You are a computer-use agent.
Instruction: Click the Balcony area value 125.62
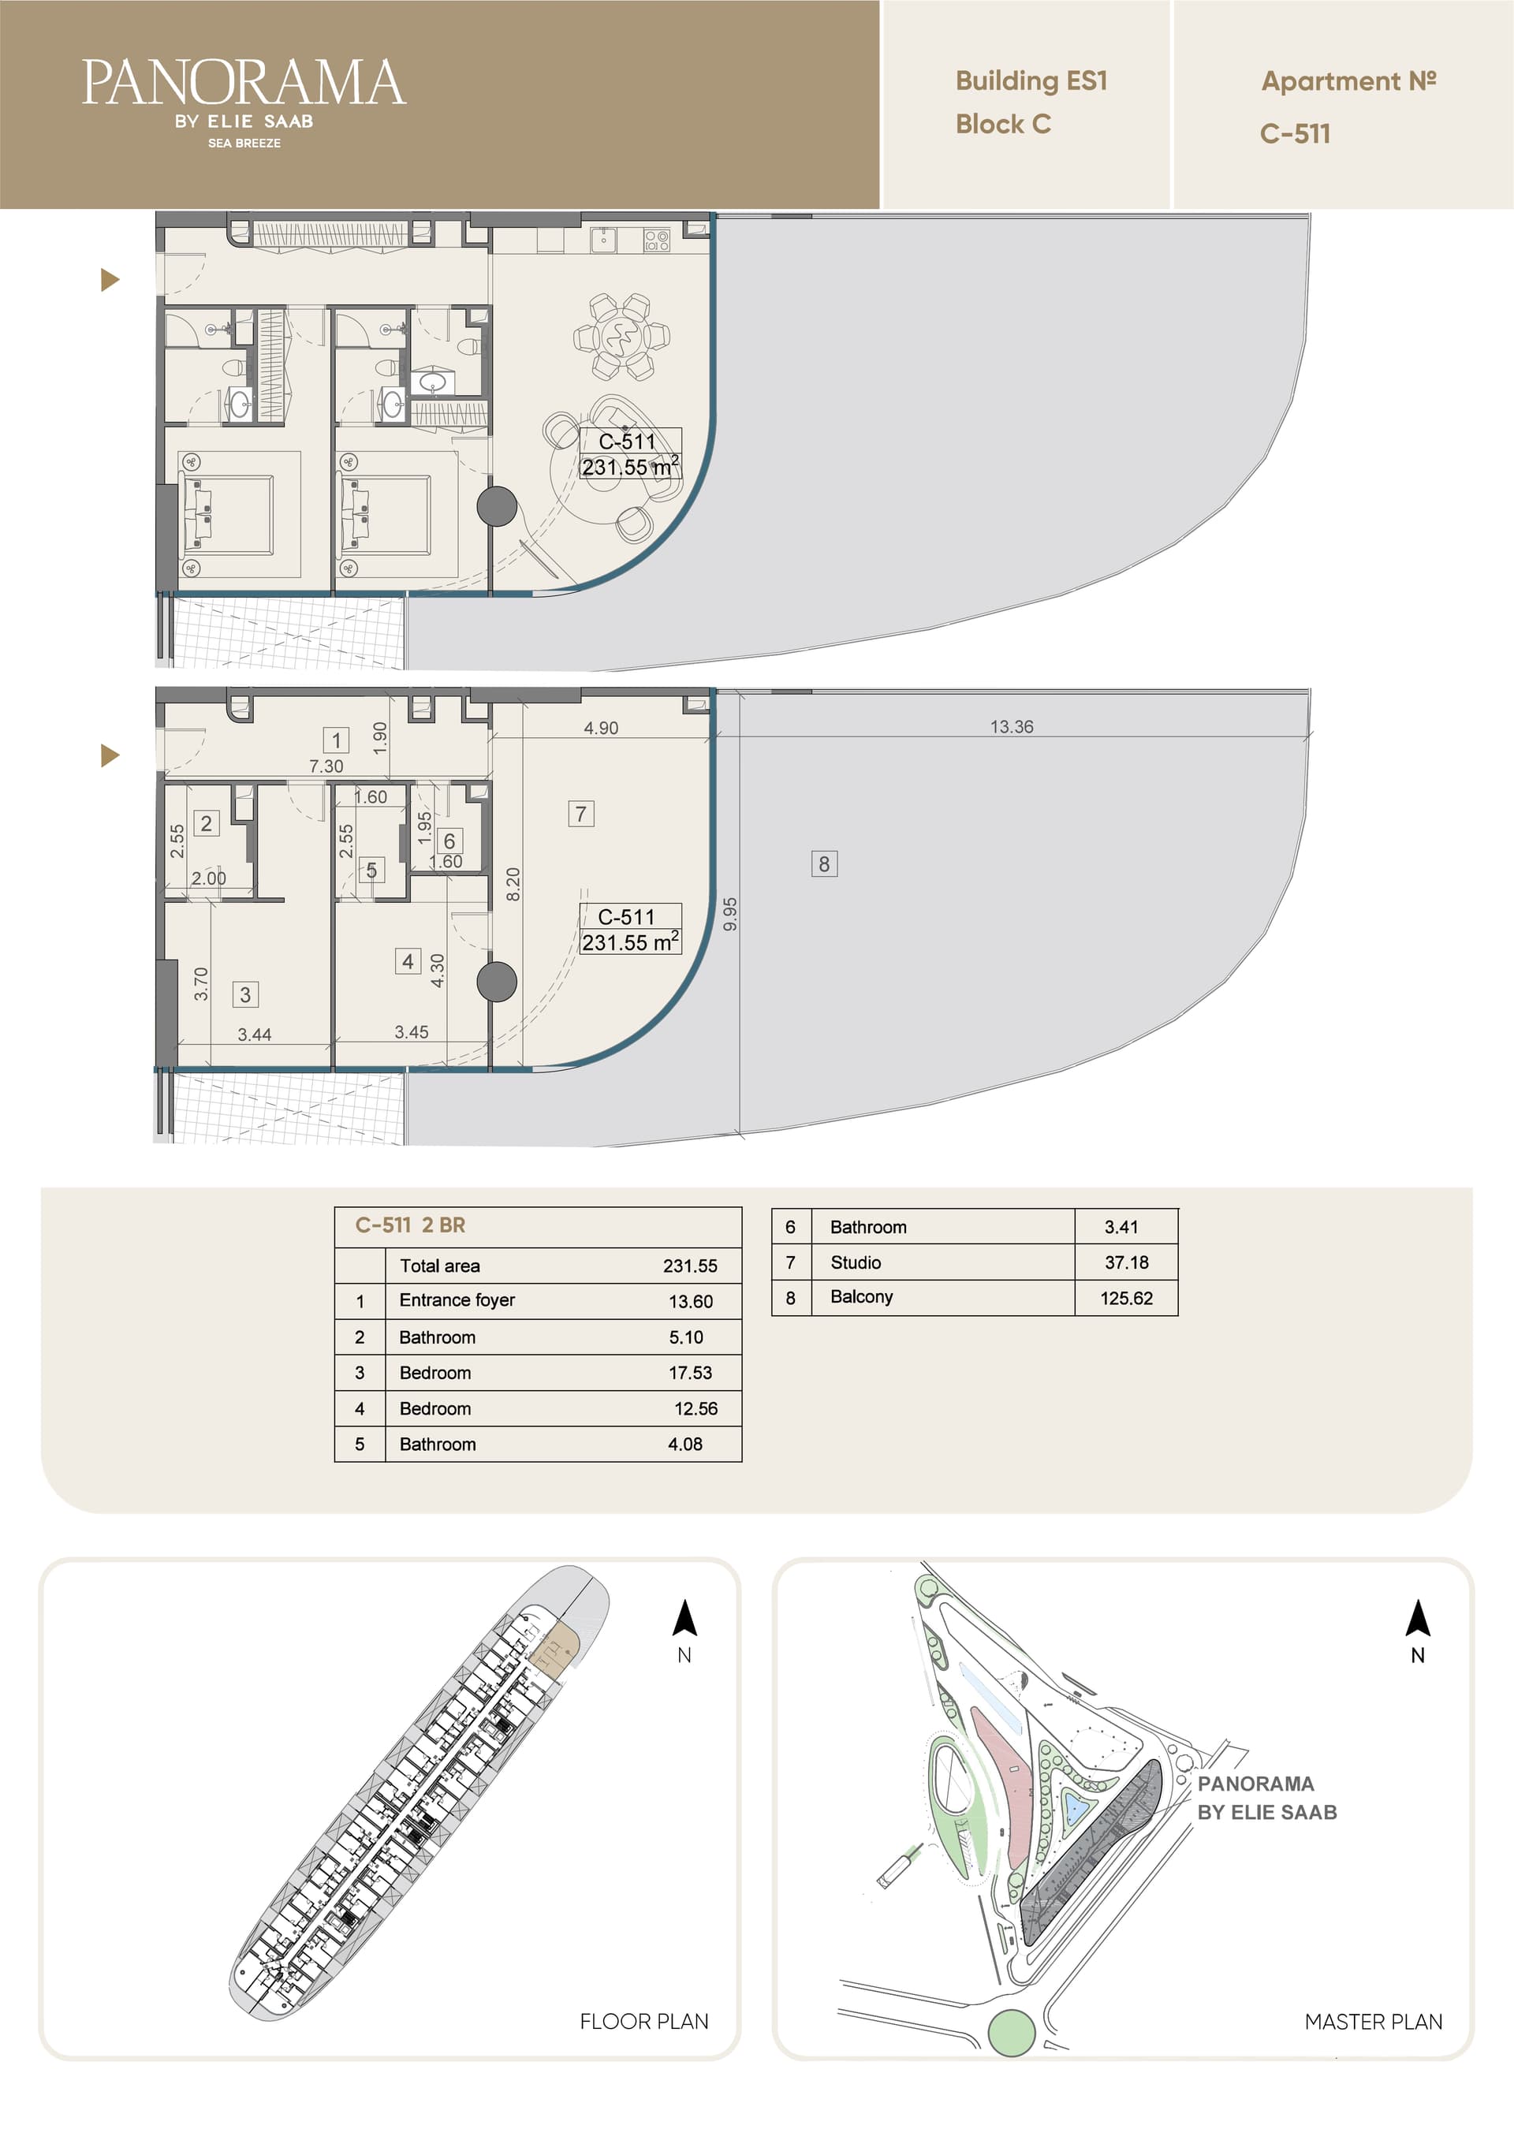(1125, 1297)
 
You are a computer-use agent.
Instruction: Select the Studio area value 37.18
(1126, 1262)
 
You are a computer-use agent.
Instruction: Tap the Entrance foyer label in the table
(457, 1300)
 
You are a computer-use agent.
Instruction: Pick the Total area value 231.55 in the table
(690, 1266)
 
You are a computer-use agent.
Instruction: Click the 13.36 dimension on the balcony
(1012, 726)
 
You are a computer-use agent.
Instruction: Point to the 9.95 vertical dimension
(730, 913)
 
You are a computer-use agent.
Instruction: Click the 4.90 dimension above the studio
(600, 728)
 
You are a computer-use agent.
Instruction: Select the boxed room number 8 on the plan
(824, 864)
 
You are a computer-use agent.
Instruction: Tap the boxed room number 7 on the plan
(581, 814)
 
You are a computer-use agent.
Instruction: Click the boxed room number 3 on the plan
(245, 994)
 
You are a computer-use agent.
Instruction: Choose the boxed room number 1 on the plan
(336, 740)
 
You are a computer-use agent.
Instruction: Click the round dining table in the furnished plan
(621, 337)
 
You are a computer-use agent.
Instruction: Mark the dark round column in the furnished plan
(497, 506)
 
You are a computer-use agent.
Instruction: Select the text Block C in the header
(1003, 124)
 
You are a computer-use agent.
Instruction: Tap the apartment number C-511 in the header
(1295, 133)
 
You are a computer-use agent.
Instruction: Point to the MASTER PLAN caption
(1373, 2022)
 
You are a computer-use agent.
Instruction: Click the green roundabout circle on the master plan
(1011, 2032)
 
